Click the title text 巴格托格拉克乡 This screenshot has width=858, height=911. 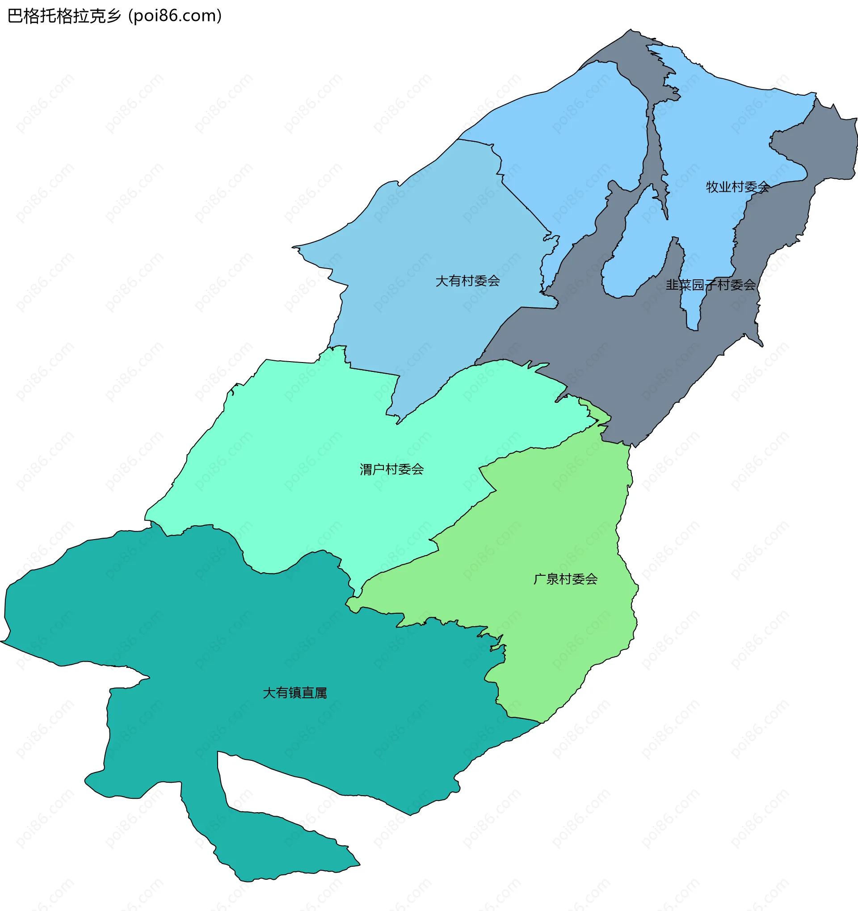(x=64, y=17)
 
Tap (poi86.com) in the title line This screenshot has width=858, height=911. (x=176, y=17)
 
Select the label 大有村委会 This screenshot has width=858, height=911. (x=467, y=281)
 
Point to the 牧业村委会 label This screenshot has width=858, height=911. (x=737, y=187)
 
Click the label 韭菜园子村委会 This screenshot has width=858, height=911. (x=711, y=285)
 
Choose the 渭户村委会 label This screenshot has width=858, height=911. (x=391, y=469)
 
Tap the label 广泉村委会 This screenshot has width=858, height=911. (x=565, y=579)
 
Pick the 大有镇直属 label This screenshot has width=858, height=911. (x=294, y=693)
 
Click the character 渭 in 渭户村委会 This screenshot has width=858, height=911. (x=366, y=469)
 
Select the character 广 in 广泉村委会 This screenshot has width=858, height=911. (x=540, y=579)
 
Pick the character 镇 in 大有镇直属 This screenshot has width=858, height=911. (x=294, y=693)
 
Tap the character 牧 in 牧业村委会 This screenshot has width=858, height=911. (x=712, y=187)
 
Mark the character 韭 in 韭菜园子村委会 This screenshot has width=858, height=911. (x=672, y=285)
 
